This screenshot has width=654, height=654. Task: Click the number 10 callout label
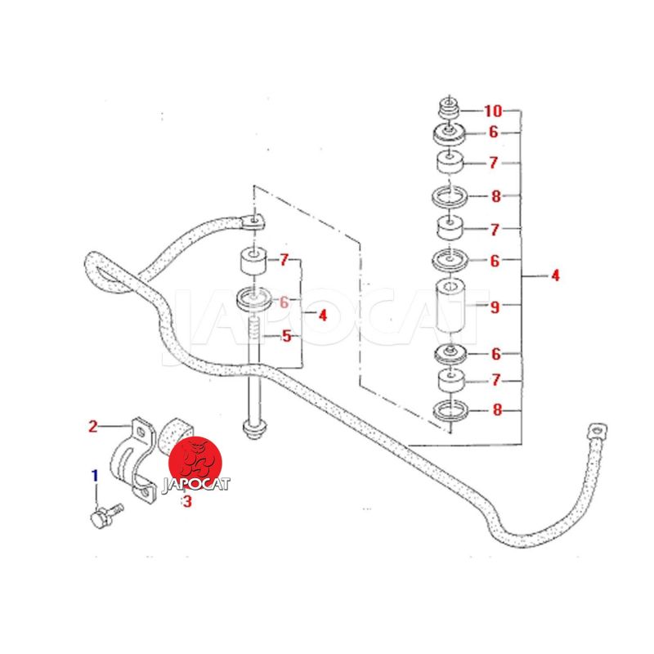click(x=493, y=110)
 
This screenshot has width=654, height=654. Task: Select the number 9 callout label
click(x=494, y=307)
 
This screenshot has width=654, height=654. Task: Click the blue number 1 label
click(x=95, y=475)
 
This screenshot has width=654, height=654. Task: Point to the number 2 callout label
click(x=93, y=426)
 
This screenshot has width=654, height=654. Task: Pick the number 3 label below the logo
click(x=187, y=503)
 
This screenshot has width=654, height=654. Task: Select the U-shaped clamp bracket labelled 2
click(x=134, y=462)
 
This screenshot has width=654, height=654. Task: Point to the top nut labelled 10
click(x=447, y=109)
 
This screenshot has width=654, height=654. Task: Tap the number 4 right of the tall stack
click(x=555, y=275)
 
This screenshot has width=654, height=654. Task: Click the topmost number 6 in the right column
click(x=494, y=132)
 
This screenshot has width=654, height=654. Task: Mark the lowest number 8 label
click(x=496, y=410)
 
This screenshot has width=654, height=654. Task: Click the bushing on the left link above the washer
click(x=253, y=263)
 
